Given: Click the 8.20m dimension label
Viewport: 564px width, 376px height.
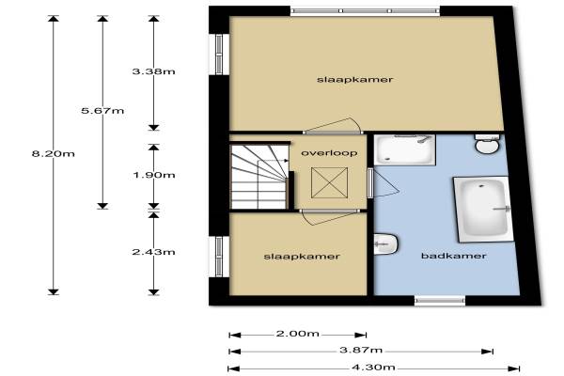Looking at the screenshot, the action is coord(54,154).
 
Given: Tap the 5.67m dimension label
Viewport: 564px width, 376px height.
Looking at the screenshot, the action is coord(102,111).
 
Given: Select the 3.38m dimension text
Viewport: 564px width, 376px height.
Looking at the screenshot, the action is coord(153,71).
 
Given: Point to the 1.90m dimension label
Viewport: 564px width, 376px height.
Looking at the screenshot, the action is coord(154,175).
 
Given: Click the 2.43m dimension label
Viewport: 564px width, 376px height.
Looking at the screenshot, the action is coord(153,252).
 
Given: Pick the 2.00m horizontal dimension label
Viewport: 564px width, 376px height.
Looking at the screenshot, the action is coord(297,334).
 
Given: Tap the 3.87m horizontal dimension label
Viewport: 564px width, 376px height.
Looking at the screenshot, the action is coord(361,350).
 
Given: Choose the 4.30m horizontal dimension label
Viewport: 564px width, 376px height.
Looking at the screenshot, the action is coord(373,368).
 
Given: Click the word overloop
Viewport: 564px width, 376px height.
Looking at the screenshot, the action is coord(329,153).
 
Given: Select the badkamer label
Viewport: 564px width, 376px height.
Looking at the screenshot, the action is coord(454,256).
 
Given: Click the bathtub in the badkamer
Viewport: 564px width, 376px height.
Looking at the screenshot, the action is coord(484,209).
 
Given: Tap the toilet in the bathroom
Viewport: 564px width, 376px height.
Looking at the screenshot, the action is coord(488,144).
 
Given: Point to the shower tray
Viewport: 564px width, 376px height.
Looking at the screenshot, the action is coord(404,150).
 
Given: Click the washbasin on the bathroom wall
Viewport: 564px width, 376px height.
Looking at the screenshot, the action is coord(385,244).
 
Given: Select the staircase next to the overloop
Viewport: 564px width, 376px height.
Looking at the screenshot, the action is coord(259,177).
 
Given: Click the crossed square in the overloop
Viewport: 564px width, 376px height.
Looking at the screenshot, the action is coord(330,182).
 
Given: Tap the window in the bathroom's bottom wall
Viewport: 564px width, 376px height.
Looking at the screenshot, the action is coord(440,301).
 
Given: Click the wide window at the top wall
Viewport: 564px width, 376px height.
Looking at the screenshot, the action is coord(365,11).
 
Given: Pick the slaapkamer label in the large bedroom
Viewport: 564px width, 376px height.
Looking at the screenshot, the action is coord(354,80).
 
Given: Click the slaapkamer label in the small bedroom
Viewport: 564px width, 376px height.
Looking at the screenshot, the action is coord(302,257).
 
